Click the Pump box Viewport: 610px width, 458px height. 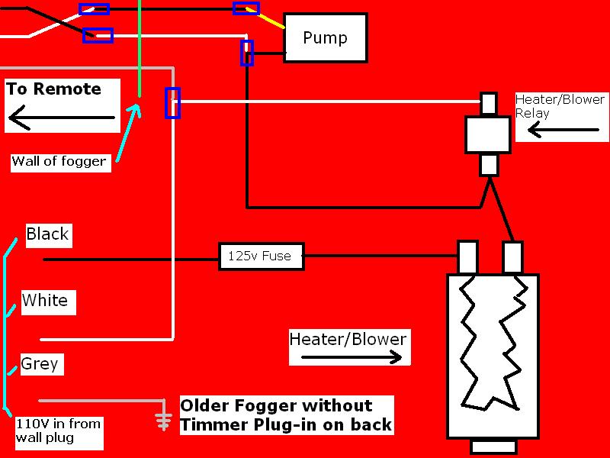tap(326, 37)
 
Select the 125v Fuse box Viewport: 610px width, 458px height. tap(261, 256)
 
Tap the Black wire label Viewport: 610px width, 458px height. tap(47, 234)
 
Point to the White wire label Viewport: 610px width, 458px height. tap(45, 300)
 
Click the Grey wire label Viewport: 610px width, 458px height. tap(40, 364)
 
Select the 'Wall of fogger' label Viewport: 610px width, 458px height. tap(59, 161)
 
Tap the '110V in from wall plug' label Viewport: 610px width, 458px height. tap(58, 431)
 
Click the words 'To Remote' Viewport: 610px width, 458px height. tap(53, 89)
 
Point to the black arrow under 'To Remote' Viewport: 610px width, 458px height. tap(62, 118)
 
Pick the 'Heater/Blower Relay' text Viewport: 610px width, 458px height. tap(560, 106)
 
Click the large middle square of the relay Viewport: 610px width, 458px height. tap(488, 135)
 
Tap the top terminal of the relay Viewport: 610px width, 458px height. tap(489, 104)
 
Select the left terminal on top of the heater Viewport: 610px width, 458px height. tap(468, 257)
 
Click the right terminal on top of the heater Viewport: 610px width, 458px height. tap(512, 257)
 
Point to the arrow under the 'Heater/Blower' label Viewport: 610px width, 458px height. tap(352, 356)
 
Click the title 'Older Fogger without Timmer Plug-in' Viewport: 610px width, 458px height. tap(286, 414)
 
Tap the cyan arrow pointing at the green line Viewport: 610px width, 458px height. tap(128, 132)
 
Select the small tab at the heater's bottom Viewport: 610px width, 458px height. tap(493, 447)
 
